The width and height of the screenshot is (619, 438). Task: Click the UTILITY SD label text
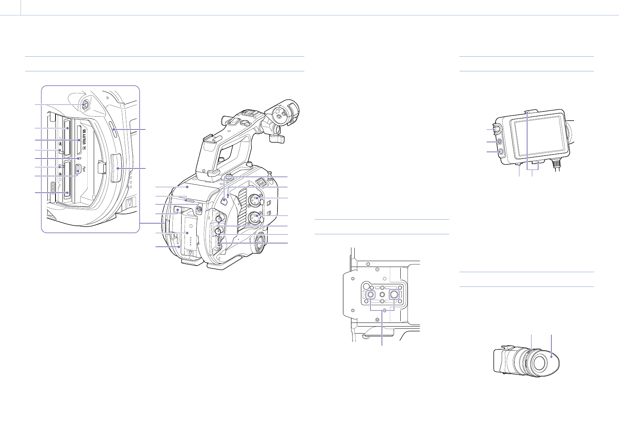[84, 136]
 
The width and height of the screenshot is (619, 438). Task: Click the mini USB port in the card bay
[79, 170]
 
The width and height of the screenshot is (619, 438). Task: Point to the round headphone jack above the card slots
[84, 105]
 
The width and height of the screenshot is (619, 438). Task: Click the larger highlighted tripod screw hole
[394, 294]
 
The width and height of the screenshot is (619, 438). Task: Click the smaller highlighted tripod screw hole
[370, 295]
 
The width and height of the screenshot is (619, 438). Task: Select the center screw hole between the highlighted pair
[382, 295]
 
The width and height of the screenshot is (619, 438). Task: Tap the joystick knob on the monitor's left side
[500, 129]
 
